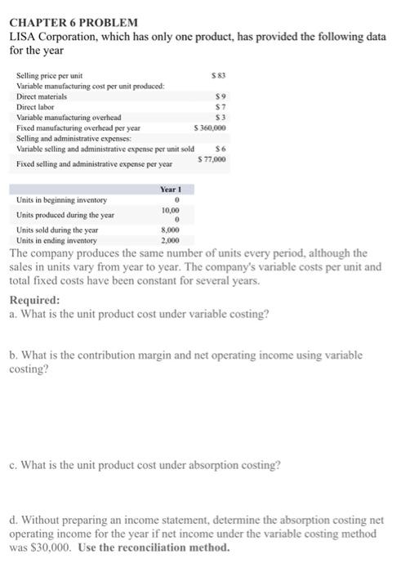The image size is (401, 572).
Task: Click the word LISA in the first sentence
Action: (24, 37)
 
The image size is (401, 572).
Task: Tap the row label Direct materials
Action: (42, 96)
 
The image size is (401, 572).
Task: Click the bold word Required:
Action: (35, 299)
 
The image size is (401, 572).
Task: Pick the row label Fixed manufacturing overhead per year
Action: (78, 128)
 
